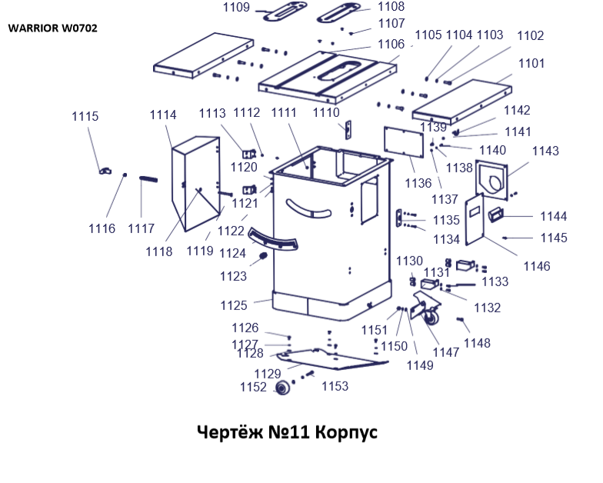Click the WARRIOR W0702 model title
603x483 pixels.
(x=53, y=28)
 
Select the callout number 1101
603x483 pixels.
(x=530, y=63)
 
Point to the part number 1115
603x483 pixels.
(x=85, y=117)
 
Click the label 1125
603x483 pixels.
(x=234, y=305)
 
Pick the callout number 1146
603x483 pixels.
(x=537, y=266)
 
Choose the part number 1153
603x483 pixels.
(x=335, y=385)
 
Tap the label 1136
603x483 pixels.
(x=418, y=183)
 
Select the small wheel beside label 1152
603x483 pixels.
(x=282, y=389)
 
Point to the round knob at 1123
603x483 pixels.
(x=263, y=256)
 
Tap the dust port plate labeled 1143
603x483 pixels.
(x=492, y=178)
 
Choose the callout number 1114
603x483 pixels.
(x=162, y=115)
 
